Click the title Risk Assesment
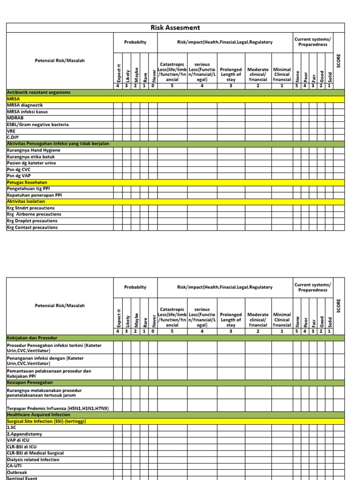click(x=175, y=28)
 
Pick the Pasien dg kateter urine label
click(x=31, y=163)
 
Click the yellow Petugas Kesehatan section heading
click(x=27, y=182)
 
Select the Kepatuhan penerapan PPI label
click(x=34, y=195)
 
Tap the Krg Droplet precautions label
click(x=32, y=221)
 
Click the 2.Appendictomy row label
click(x=24, y=434)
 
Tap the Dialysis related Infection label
click(x=33, y=460)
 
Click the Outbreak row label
click(x=16, y=472)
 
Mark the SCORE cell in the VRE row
click(x=339, y=131)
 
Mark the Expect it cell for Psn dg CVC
click(x=118, y=169)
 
